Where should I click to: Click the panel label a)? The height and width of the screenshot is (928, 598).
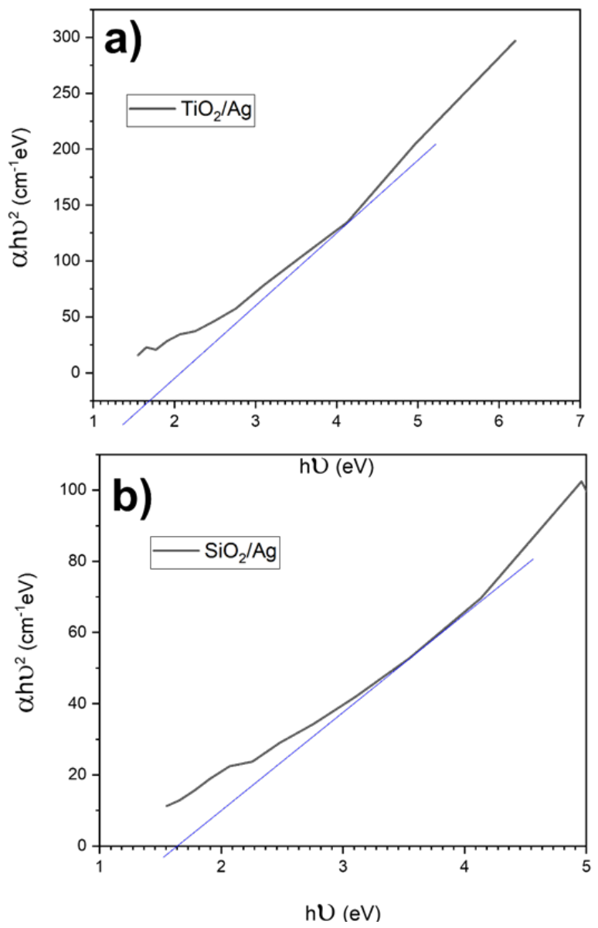coord(123,43)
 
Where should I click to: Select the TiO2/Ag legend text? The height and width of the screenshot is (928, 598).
coord(216,110)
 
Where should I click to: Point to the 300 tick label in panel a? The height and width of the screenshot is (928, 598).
coord(66,37)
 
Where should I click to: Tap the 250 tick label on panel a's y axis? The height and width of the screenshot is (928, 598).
coord(66,94)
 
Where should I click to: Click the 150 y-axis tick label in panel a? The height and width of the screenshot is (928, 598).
coord(66,205)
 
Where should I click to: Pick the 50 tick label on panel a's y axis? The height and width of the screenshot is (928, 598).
coord(70,317)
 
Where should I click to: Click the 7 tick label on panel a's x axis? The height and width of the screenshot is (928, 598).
coord(579,421)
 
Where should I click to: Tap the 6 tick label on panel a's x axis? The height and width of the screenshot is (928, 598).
coord(498,421)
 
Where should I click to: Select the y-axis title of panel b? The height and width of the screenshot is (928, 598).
coord(27,643)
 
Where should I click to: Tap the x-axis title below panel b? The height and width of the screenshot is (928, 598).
coord(343,917)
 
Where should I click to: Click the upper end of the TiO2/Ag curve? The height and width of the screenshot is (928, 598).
coord(515,40)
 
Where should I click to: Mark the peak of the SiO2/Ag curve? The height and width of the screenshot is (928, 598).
coord(582,481)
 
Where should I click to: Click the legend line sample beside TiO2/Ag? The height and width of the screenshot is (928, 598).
coord(152,109)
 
